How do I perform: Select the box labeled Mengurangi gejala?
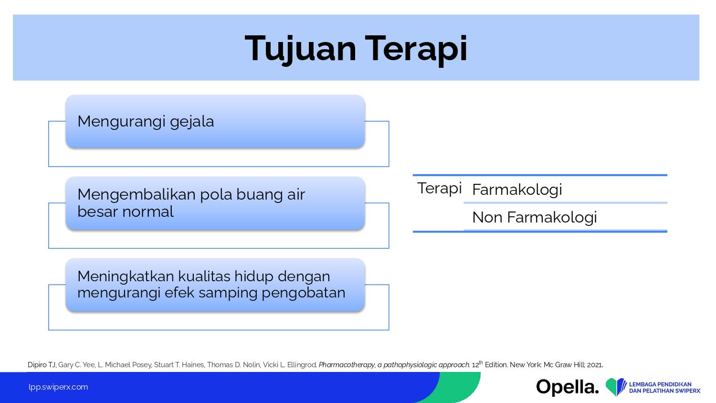(215, 122)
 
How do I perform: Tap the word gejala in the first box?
(192, 122)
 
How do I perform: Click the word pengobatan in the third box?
(303, 293)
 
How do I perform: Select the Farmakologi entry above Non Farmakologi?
(517, 190)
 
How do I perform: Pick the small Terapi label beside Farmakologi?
(439, 189)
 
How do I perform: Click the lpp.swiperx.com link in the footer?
(58, 387)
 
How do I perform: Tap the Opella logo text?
(568, 387)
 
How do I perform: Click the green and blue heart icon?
(616, 387)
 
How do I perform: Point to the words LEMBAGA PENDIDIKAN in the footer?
(660, 384)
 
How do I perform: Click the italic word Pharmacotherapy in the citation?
(347, 365)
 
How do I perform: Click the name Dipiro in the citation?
(37, 365)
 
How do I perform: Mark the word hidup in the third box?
(253, 276)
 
